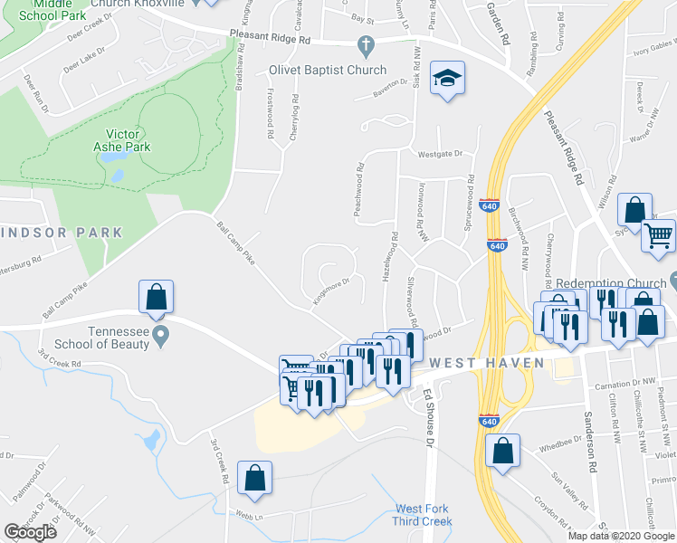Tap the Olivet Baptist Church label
328,70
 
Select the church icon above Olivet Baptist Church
366,44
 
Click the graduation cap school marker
447,79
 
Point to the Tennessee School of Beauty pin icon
161,337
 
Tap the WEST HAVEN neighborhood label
487,363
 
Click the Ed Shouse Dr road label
432,418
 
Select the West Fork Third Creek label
422,514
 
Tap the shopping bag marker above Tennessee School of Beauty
157,298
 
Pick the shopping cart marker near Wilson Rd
658,235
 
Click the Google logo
30,532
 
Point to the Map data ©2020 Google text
621,536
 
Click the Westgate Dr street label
439,154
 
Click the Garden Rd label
499,24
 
